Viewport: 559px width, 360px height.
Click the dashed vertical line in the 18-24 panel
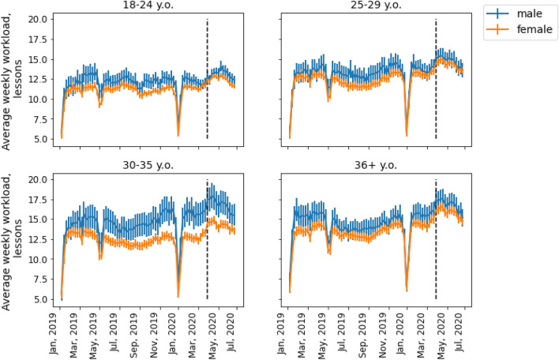(207, 79)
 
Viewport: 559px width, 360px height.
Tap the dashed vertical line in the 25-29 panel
(436, 79)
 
